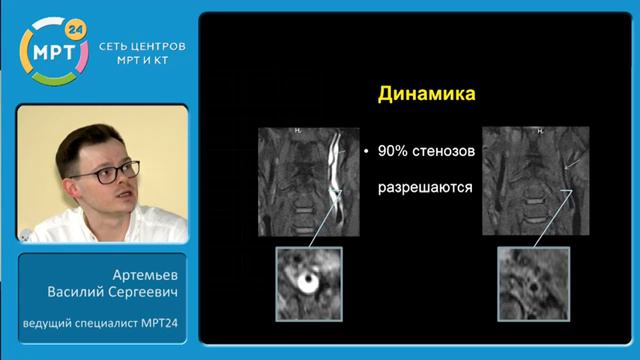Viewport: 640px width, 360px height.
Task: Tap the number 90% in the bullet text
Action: tap(392, 151)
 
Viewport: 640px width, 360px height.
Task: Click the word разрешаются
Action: tap(424, 187)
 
